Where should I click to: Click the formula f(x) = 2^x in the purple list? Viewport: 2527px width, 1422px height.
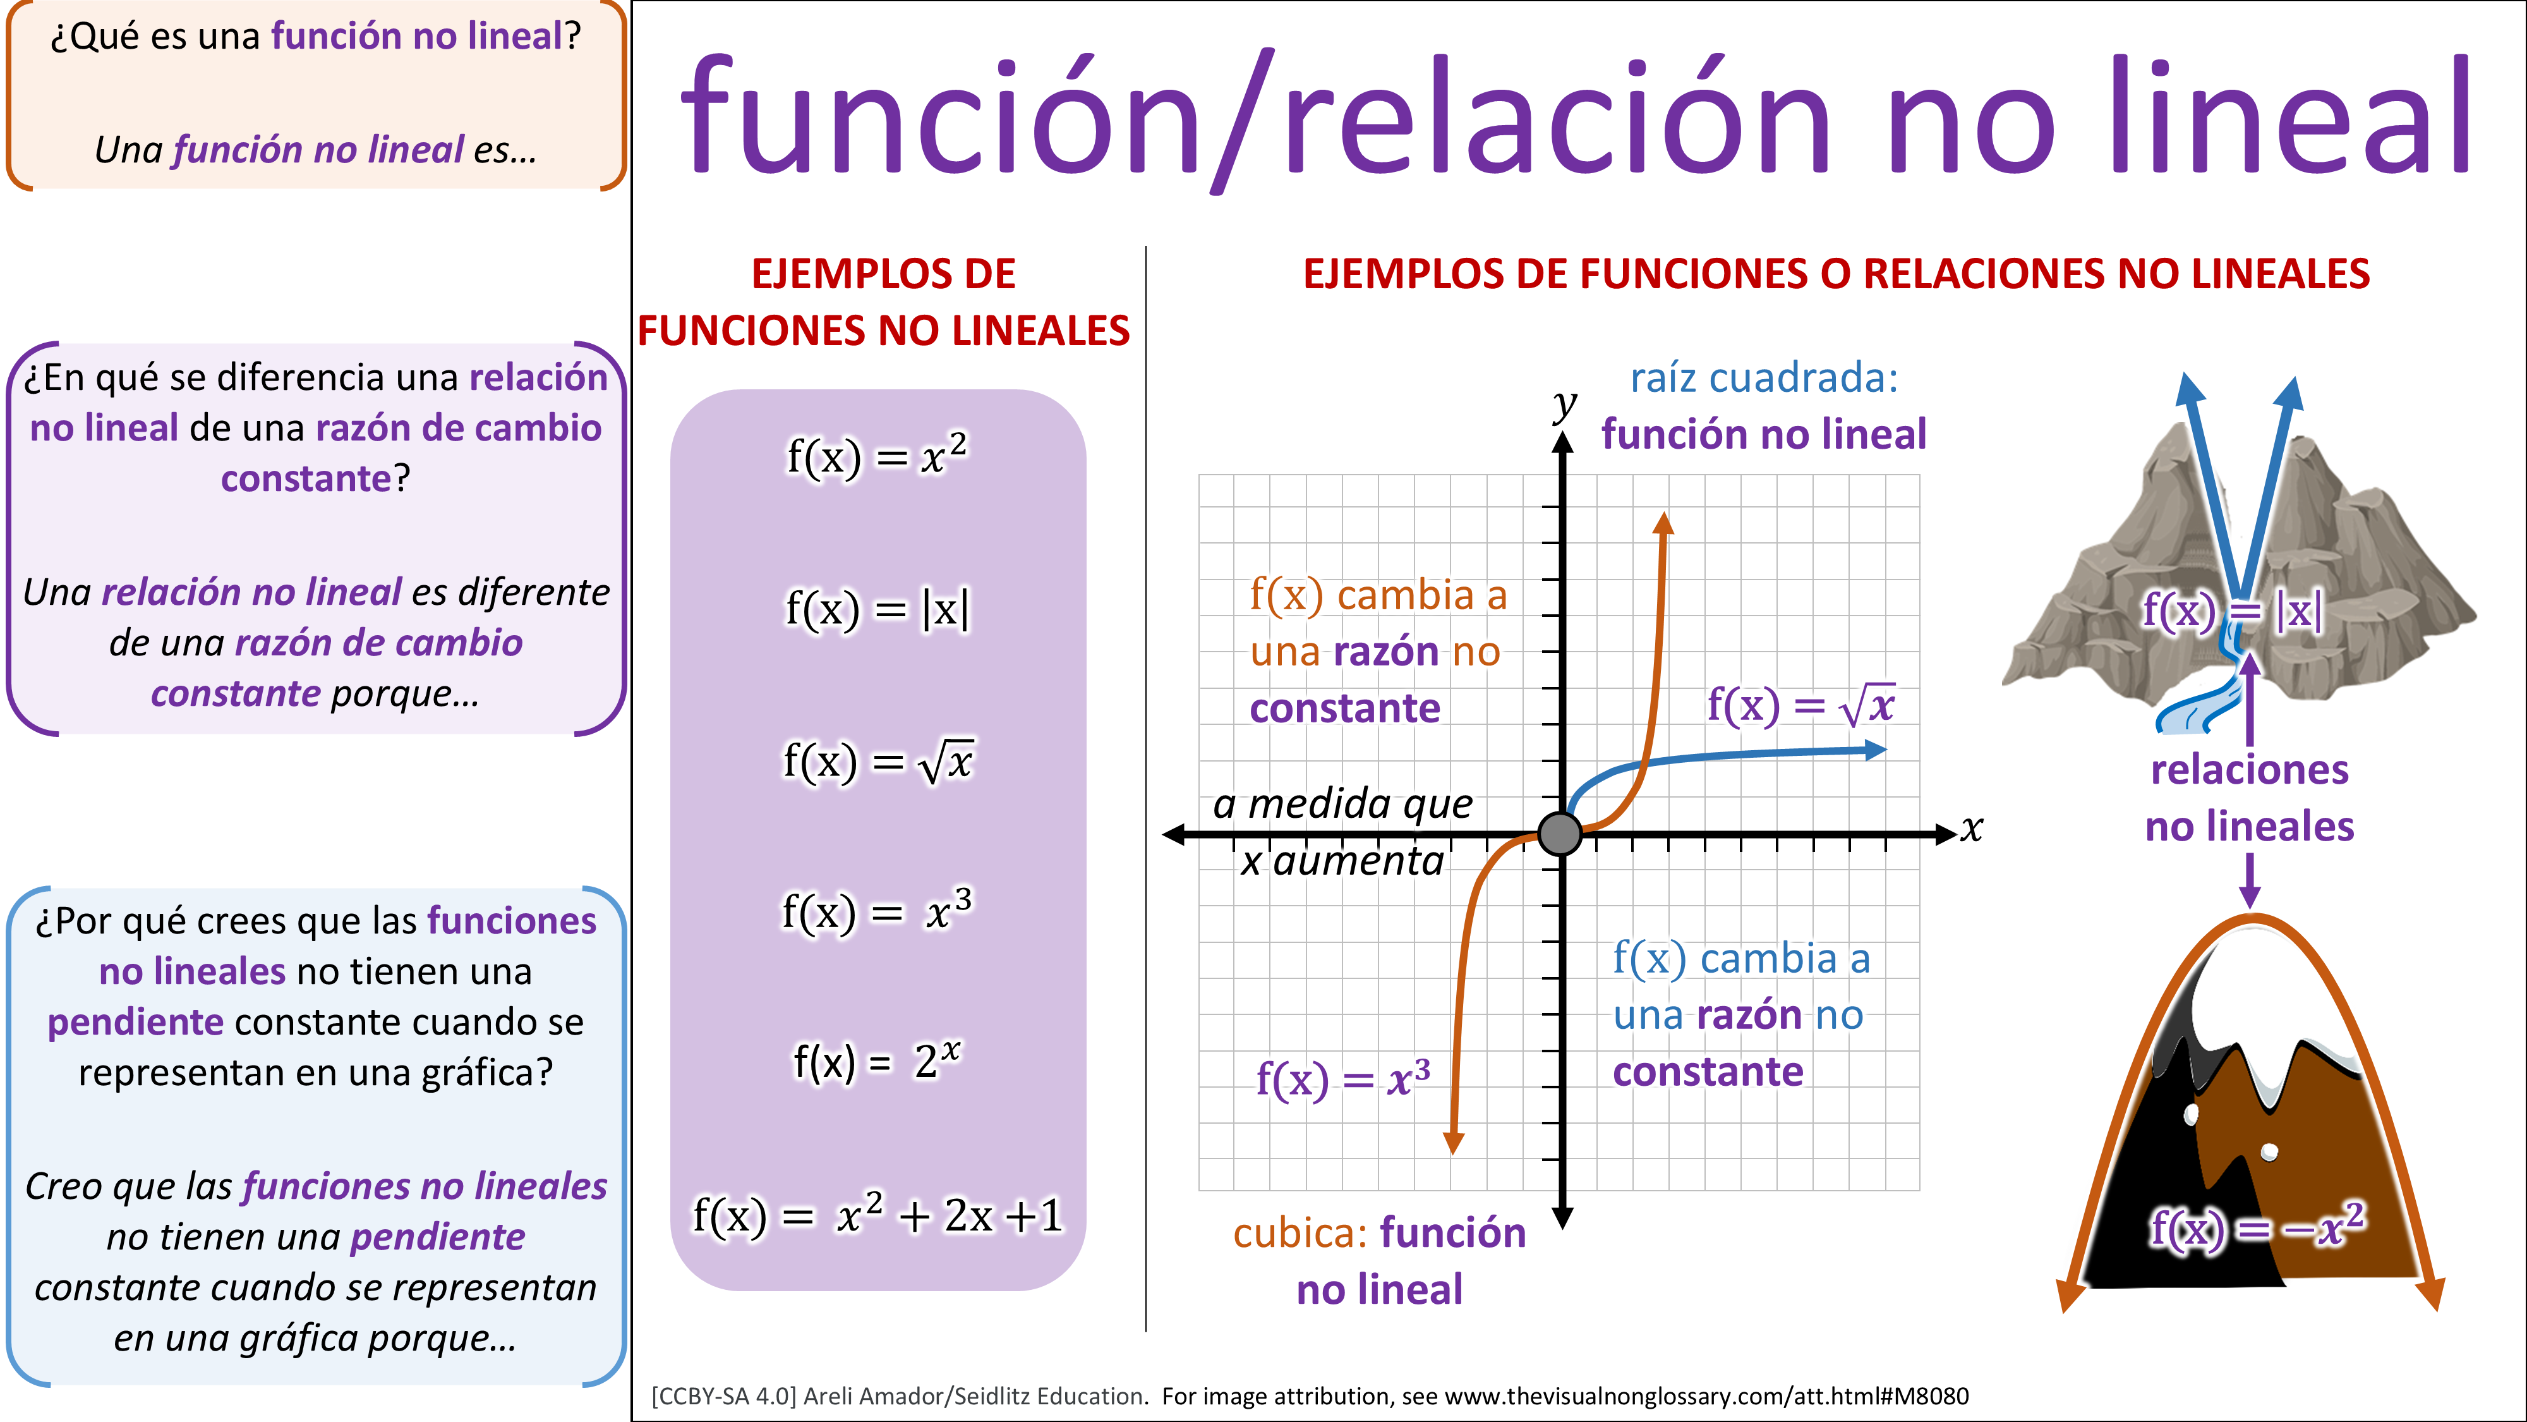click(877, 1061)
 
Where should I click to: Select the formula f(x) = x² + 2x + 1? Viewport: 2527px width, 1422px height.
click(877, 1216)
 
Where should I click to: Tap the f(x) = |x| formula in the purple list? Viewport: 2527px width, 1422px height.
click(877, 609)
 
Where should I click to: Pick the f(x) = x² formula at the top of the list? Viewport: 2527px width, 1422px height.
click(877, 456)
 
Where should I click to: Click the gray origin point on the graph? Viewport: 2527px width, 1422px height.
click(1560, 834)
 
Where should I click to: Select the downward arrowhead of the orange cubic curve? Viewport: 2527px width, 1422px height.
click(1454, 1143)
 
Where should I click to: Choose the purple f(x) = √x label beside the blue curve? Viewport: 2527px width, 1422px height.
click(1800, 705)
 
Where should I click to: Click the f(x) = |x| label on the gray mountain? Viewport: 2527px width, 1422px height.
click(2232, 611)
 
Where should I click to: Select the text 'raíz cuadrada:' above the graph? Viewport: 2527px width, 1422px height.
click(1764, 378)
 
